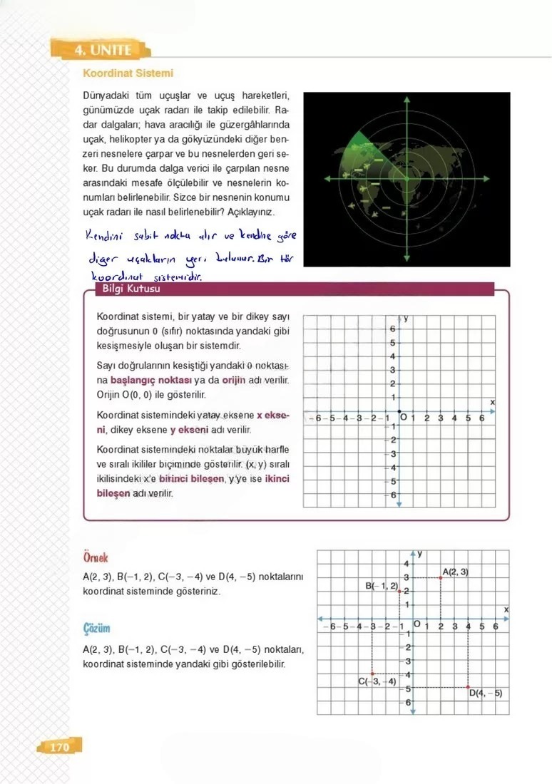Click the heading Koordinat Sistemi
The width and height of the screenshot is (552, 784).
coord(128,73)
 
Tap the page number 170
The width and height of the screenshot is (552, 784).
coord(59,747)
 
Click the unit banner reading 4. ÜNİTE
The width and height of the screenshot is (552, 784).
coord(103,51)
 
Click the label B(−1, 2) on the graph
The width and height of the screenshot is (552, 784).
coord(382,586)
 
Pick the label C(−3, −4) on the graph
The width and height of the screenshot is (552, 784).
coord(377,681)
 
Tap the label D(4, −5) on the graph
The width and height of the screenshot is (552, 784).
coord(486,693)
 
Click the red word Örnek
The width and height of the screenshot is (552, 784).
coord(96,557)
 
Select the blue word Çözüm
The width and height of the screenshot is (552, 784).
coord(96,629)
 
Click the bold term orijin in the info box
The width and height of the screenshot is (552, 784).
coord(234,380)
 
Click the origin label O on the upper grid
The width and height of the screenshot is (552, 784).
coord(404,417)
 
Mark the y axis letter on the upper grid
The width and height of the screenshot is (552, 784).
coord(406,319)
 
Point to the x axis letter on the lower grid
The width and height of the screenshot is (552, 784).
coord(506,610)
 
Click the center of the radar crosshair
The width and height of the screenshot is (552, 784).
coord(407,179)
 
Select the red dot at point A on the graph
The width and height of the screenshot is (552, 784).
coord(441,577)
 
